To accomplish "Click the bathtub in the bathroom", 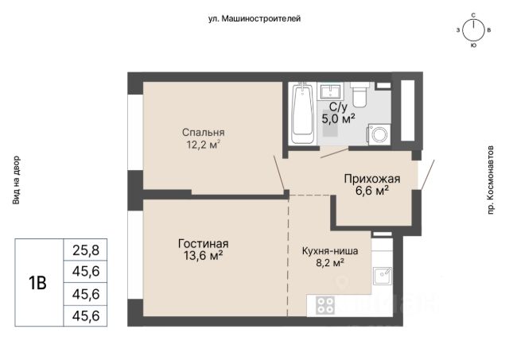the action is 303,113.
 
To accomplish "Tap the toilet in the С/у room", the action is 359,95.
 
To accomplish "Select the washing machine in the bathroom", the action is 379,134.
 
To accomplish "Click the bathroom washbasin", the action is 331,91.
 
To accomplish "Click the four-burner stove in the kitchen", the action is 325,305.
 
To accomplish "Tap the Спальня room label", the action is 204,133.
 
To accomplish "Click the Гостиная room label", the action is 204,243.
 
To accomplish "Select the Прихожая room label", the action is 372,179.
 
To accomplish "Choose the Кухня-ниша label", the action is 330,251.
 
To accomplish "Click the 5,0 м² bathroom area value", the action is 338,118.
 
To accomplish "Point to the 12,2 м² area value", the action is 204,144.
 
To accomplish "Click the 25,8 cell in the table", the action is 86,250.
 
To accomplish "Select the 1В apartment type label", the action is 38,283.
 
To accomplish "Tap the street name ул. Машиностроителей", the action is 254,19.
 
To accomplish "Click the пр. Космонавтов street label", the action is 490,180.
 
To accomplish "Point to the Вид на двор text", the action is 16,180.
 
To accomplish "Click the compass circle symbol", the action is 473,31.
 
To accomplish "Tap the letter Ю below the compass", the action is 473,46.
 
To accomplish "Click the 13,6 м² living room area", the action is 204,256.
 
